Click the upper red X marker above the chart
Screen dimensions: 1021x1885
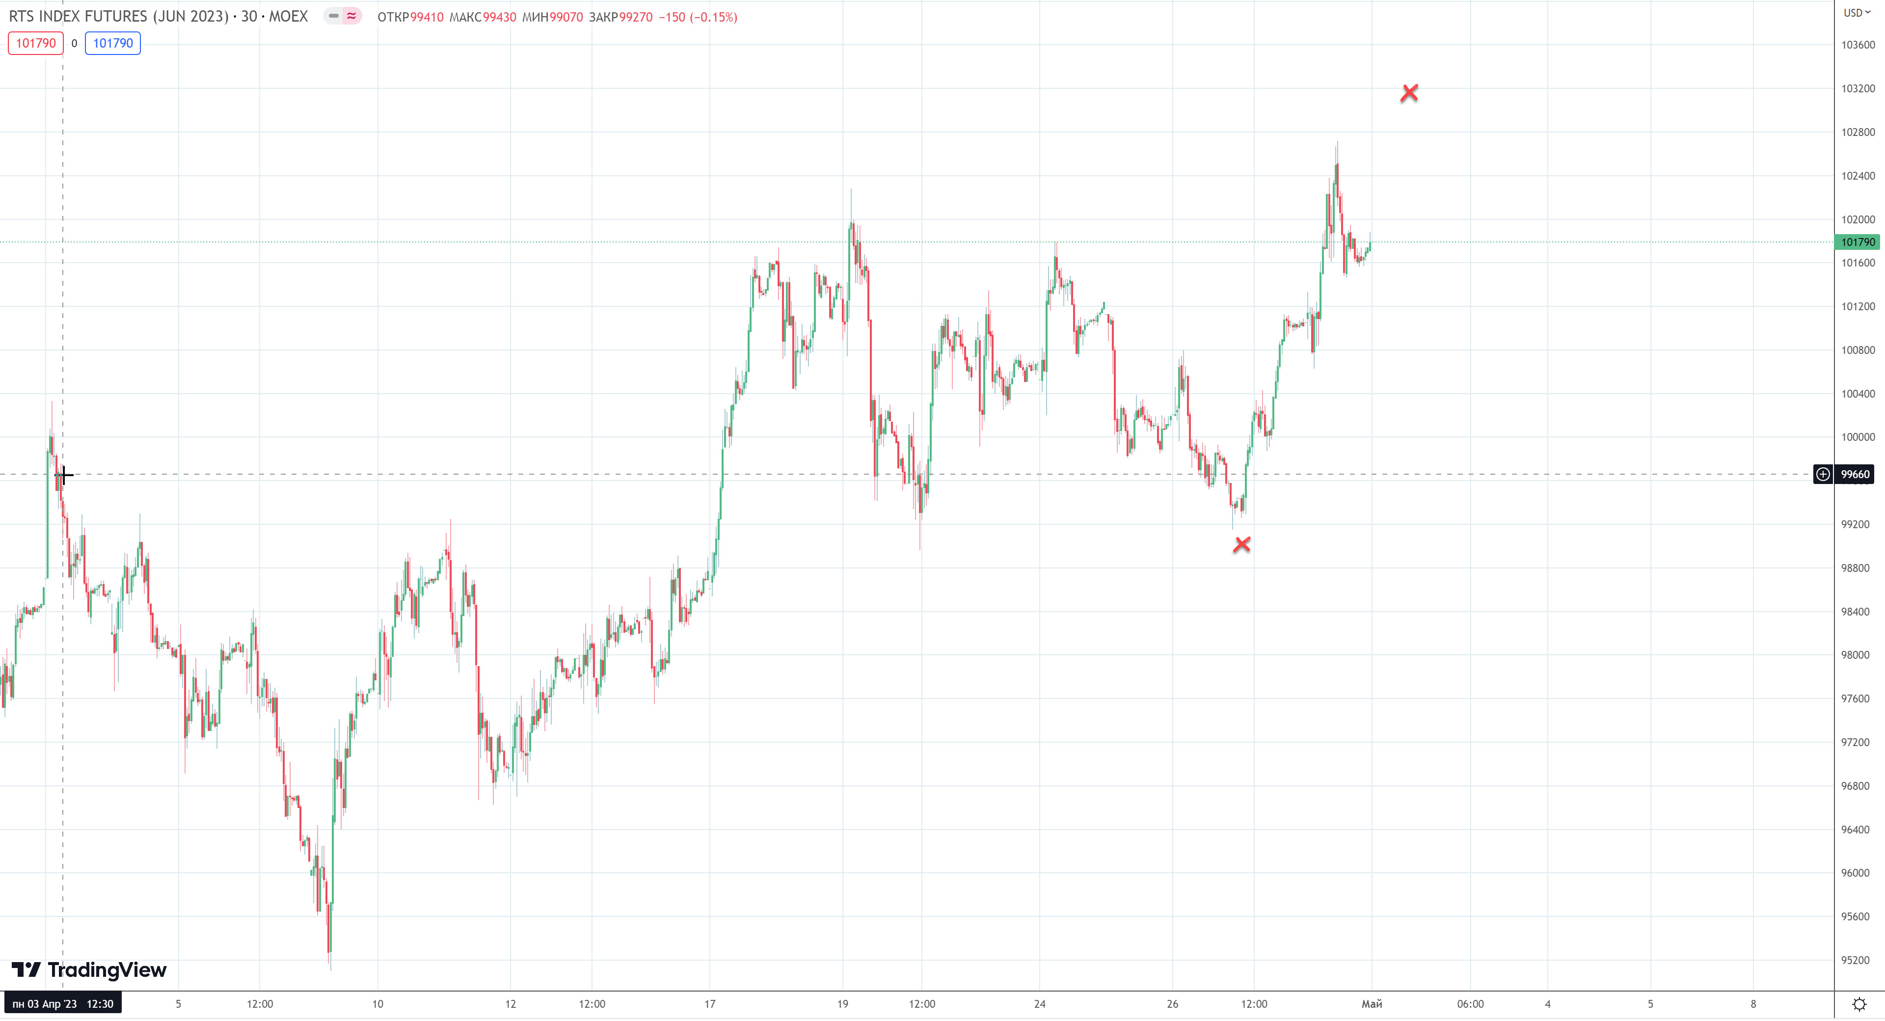pyautogui.click(x=1409, y=93)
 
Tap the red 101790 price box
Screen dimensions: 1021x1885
pyautogui.click(x=36, y=43)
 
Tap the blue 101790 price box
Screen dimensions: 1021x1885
pyautogui.click(x=113, y=43)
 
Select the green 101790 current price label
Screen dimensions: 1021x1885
pyautogui.click(x=1858, y=242)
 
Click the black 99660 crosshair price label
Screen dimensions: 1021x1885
pyautogui.click(x=1855, y=474)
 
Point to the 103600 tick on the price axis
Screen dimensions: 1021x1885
pyautogui.click(x=1858, y=45)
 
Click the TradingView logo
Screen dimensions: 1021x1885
pyautogui.click(x=89, y=970)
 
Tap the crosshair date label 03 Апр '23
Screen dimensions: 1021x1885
pyautogui.click(x=62, y=1003)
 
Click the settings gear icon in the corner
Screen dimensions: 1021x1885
pyautogui.click(x=1858, y=1004)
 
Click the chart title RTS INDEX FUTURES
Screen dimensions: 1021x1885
pyautogui.click(x=118, y=16)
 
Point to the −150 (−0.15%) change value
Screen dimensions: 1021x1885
pyautogui.click(x=698, y=17)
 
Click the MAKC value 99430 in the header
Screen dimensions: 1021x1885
pyautogui.click(x=499, y=17)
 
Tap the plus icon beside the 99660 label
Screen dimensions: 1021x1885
pyautogui.click(x=1823, y=474)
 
